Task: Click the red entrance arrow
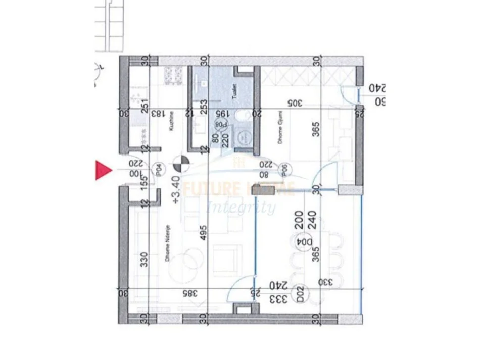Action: click(103, 170)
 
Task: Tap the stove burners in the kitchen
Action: click(174, 76)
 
